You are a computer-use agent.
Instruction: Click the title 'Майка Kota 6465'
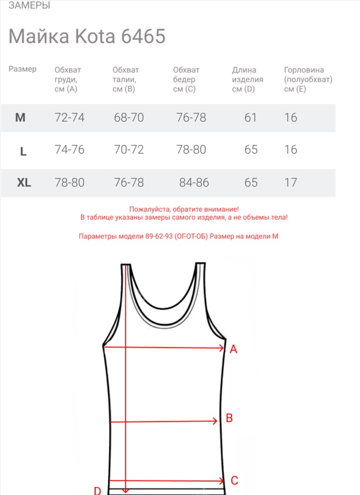coord(87,37)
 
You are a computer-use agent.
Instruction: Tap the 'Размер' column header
coord(22,69)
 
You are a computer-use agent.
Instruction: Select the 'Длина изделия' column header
coord(248,79)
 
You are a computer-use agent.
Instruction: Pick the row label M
coord(20,118)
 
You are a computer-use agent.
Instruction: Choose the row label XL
coord(24,183)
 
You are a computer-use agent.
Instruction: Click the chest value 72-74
coord(69,118)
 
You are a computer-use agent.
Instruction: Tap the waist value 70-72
coord(129,149)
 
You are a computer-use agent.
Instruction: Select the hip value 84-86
coord(194,183)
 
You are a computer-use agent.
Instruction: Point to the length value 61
coord(251,118)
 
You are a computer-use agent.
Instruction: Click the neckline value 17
coord(291,183)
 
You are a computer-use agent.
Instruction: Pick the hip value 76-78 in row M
coord(191,118)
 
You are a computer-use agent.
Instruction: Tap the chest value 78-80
coord(69,183)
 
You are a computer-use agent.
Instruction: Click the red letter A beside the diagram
coord(234,349)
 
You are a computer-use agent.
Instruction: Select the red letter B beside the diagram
coord(229,418)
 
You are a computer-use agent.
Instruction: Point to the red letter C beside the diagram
coord(235,480)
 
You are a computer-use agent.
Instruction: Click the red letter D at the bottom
coord(98,491)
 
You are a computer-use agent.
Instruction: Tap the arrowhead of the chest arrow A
coord(222,348)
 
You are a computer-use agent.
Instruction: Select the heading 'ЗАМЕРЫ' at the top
coord(29,6)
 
